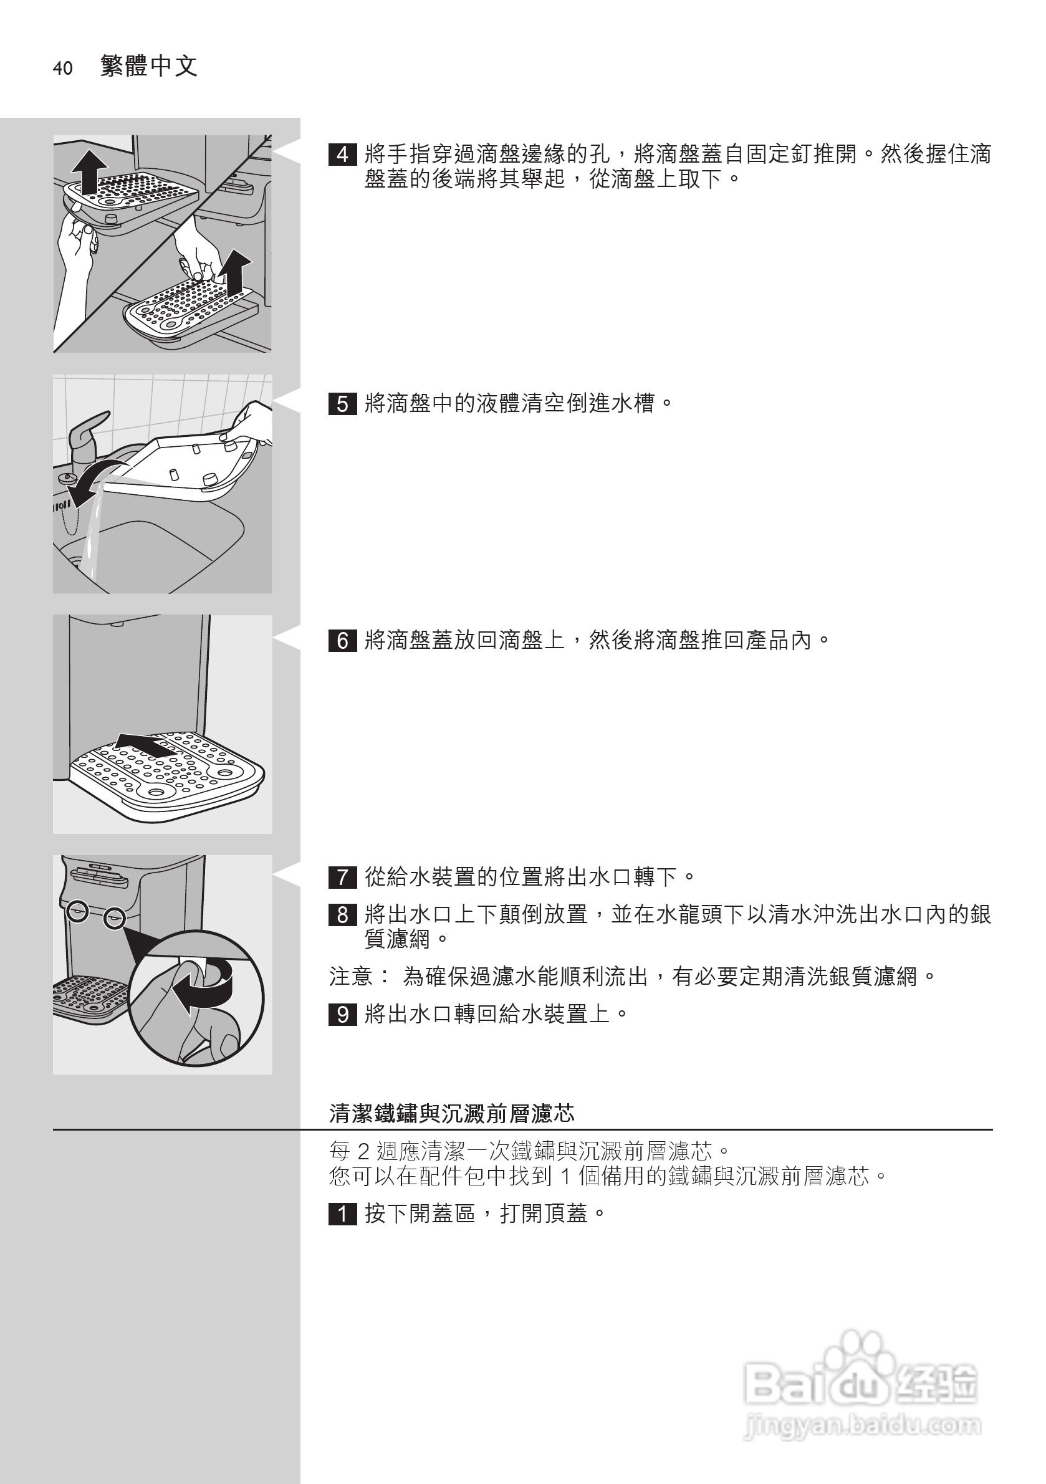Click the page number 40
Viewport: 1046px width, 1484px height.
pyautogui.click(x=63, y=69)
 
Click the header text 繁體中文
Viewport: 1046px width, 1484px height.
pyautogui.click(x=149, y=66)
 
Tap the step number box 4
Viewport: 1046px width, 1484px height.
pyautogui.click(x=342, y=155)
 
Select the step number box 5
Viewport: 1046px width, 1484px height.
pyautogui.click(x=342, y=404)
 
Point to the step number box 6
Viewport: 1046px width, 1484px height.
pyautogui.click(x=342, y=641)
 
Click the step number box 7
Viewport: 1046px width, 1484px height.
pyautogui.click(x=342, y=878)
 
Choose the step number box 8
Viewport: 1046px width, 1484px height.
pyautogui.click(x=342, y=914)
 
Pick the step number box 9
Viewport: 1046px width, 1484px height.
pyautogui.click(x=342, y=1014)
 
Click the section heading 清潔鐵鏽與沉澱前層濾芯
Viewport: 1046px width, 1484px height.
pyautogui.click(x=451, y=1113)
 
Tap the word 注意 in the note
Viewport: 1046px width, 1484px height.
pyautogui.click(x=350, y=976)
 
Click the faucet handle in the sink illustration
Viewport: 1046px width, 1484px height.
pyautogui.click(x=88, y=427)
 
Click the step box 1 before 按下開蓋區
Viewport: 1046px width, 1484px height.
pyautogui.click(x=342, y=1214)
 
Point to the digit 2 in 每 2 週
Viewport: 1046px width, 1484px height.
pyautogui.click(x=363, y=1151)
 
